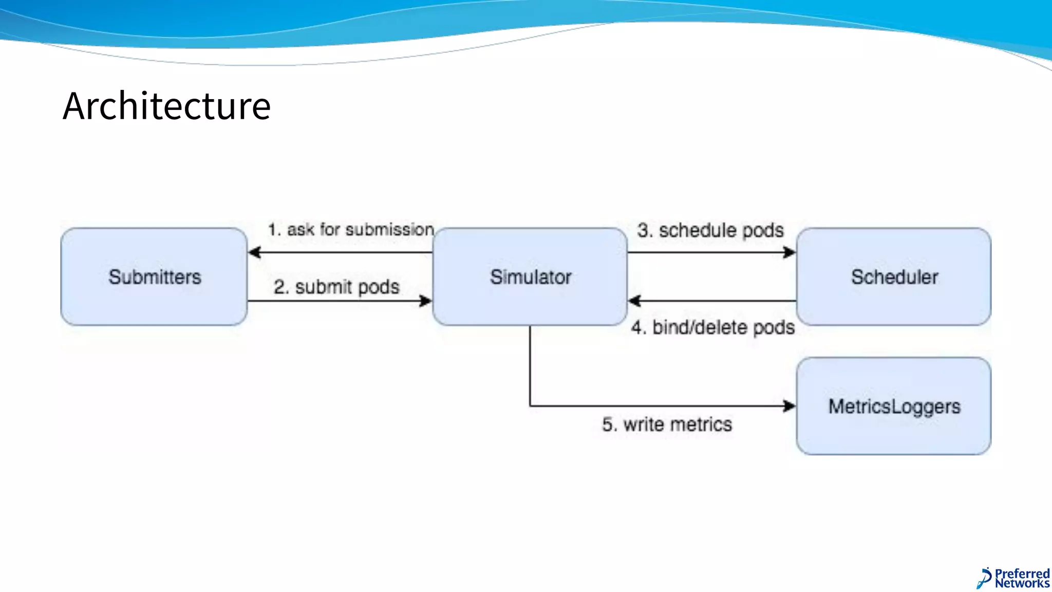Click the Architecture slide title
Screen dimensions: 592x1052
tap(166, 106)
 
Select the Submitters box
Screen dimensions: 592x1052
tap(154, 277)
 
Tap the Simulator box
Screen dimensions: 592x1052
tap(530, 277)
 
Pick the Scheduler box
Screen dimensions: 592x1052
tap(894, 277)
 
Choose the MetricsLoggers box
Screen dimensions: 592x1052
tap(894, 406)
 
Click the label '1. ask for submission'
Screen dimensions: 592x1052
tap(351, 230)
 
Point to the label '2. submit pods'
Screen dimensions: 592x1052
tap(336, 287)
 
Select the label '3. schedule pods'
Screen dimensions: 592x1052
tap(710, 230)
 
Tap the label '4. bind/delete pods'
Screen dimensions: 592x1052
tap(713, 327)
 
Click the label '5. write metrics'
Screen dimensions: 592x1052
tap(667, 424)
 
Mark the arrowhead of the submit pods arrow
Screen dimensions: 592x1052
tap(425, 301)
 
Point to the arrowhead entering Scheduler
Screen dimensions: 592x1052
tap(789, 252)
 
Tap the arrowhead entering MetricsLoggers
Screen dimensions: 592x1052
tap(789, 406)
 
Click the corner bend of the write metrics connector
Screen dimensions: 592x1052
tap(530, 406)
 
